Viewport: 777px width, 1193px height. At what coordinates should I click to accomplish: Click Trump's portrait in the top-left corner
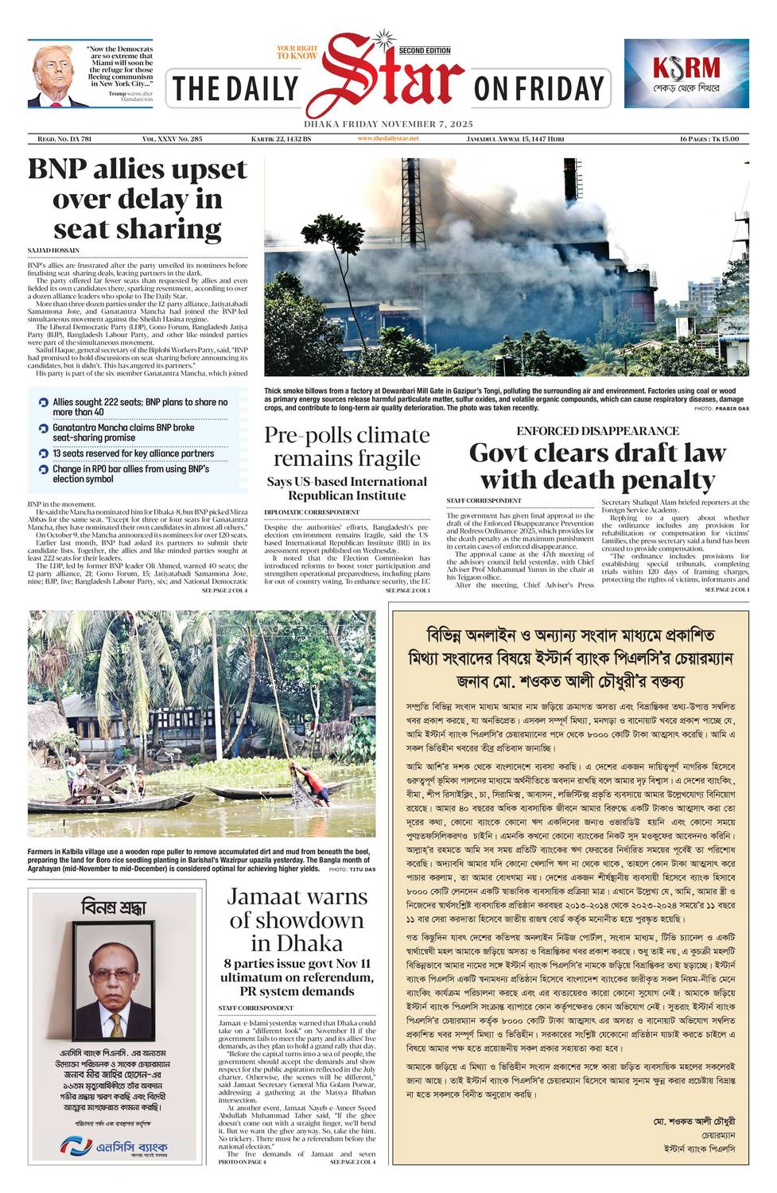coord(55,77)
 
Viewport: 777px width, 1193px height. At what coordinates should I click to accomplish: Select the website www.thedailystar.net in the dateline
coord(388,138)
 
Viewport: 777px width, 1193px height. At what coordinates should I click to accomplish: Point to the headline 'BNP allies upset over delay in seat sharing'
coord(138,199)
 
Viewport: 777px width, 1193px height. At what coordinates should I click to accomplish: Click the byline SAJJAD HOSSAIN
coord(53,251)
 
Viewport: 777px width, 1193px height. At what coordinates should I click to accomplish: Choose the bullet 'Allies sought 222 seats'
coord(139,407)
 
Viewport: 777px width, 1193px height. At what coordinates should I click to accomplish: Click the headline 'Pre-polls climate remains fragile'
coord(347,446)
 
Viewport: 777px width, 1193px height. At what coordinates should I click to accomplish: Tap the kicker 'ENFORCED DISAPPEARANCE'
coord(597,431)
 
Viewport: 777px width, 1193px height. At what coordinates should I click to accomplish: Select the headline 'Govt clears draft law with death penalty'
coord(597,466)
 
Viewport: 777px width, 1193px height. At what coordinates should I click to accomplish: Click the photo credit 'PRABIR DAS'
coord(732,408)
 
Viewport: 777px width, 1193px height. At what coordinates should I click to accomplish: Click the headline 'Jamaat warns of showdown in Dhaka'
coord(297,919)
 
